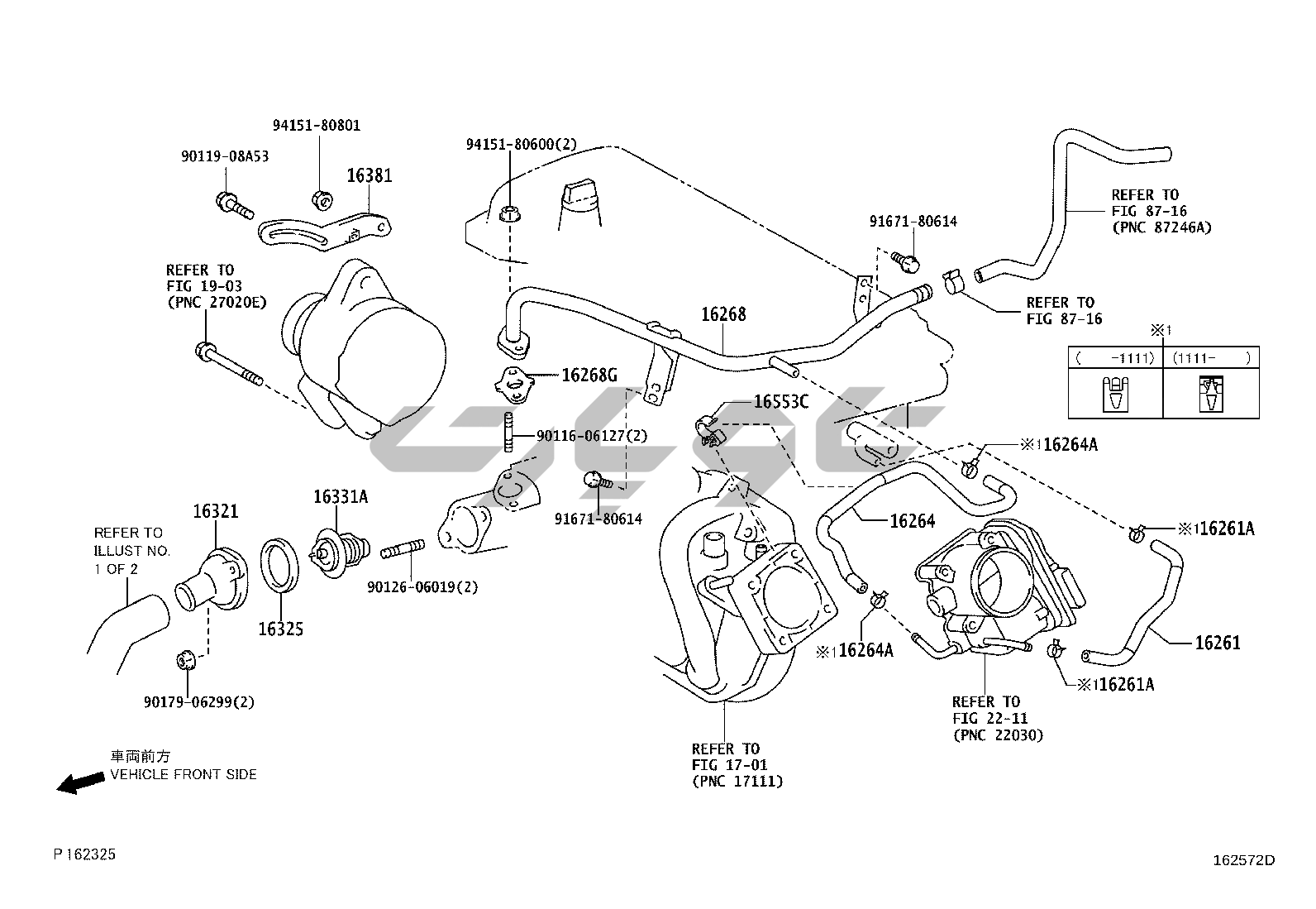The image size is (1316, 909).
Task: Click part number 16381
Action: click(369, 175)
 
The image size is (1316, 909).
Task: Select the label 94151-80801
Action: click(317, 126)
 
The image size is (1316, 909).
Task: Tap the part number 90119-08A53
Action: click(225, 155)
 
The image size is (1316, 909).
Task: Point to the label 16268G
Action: click(589, 376)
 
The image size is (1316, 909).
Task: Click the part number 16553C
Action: click(781, 402)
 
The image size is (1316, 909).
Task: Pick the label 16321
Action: click(216, 511)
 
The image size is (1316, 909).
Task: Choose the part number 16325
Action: click(281, 629)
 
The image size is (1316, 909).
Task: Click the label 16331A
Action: click(340, 496)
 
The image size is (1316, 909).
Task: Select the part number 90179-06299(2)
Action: click(198, 702)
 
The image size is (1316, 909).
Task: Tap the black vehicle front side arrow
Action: click(80, 783)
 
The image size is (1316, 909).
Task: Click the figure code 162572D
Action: click(1243, 860)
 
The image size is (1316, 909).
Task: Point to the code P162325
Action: click(85, 854)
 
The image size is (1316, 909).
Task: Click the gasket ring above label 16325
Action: click(280, 566)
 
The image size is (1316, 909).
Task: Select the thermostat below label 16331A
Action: click(339, 548)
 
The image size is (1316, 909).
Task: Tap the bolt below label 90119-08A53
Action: click(233, 203)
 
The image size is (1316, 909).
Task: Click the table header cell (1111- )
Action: click(1211, 357)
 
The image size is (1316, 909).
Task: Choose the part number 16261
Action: click(1218, 643)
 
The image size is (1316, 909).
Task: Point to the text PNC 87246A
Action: click(1161, 227)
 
